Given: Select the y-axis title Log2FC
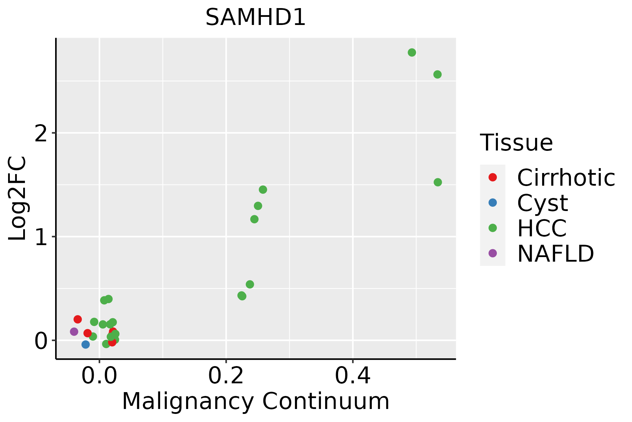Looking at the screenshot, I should [x=18, y=199].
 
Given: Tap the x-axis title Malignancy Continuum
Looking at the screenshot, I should [x=256, y=401].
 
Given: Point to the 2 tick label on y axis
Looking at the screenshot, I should [x=41, y=134].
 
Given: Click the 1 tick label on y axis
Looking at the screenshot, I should [x=41, y=237].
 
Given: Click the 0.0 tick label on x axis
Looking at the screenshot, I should [x=99, y=377].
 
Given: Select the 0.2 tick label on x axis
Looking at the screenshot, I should [x=226, y=377].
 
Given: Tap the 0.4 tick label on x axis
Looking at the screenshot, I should [x=353, y=377].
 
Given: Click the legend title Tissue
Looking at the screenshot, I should [x=516, y=143].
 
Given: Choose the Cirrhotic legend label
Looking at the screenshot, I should [x=566, y=178].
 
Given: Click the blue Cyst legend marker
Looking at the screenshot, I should [x=493, y=203].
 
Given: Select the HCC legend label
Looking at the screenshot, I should [x=542, y=228].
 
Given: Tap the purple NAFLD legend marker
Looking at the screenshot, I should [x=493, y=253].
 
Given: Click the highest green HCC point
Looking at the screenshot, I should [x=412, y=52].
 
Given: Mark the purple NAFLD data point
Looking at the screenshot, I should [x=74, y=332].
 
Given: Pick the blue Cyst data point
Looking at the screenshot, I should [x=86, y=344].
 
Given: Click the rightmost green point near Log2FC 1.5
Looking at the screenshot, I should [x=437, y=182].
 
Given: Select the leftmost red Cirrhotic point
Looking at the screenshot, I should [x=78, y=319].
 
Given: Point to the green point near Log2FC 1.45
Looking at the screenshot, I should [x=263, y=190].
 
